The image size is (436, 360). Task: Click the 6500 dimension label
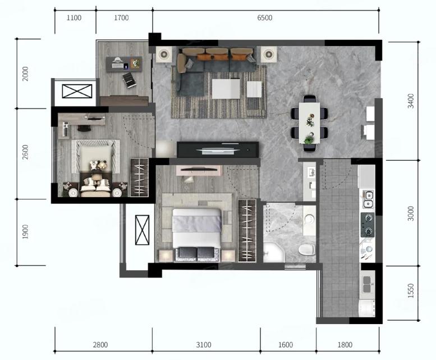(264, 18)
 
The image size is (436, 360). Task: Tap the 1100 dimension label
(74, 18)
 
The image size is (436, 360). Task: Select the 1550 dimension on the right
(411, 291)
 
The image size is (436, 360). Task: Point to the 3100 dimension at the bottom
(204, 345)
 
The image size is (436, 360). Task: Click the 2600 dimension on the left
(25, 152)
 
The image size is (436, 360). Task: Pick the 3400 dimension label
(411, 101)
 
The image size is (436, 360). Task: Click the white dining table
(309, 123)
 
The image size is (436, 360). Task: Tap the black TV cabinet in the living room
(218, 149)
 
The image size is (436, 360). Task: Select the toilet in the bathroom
(307, 249)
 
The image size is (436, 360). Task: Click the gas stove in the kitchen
(368, 225)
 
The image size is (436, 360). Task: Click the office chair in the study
(130, 80)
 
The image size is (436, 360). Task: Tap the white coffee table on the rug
(226, 89)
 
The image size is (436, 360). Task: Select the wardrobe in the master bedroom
(247, 230)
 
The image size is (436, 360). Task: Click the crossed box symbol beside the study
(77, 91)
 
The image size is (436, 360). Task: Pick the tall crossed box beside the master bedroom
(143, 230)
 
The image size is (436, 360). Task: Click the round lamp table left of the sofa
(164, 54)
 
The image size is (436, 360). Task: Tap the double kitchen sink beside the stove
(368, 199)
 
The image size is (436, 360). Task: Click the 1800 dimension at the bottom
(345, 345)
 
